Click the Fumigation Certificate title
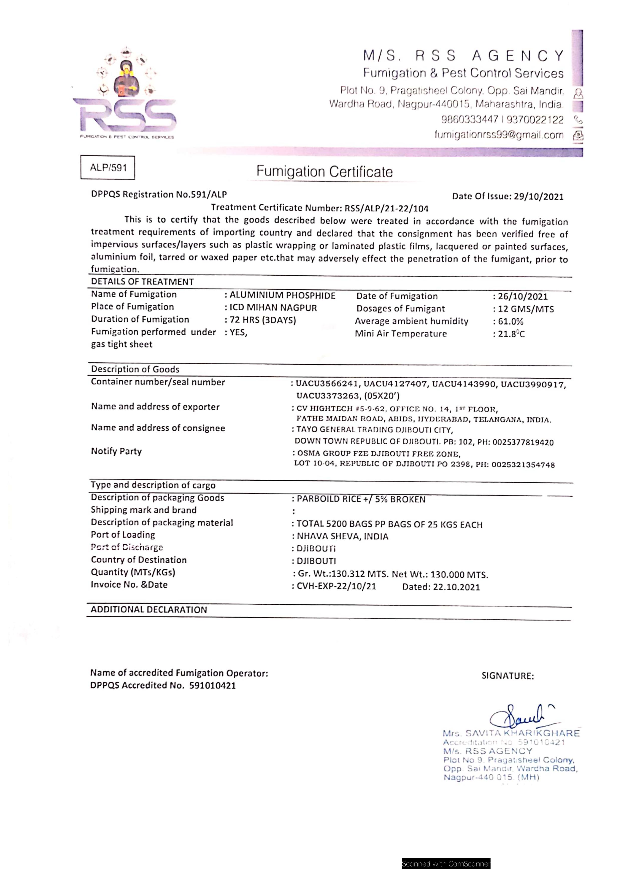(x=325, y=172)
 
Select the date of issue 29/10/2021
(x=538, y=197)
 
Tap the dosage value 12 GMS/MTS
(x=526, y=309)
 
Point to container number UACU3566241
(x=327, y=384)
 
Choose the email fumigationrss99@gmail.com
(x=499, y=135)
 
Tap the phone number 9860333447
(x=470, y=120)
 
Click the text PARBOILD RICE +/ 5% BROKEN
(x=361, y=499)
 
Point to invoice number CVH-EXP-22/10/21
(x=336, y=586)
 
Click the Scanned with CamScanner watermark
(x=446, y=864)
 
